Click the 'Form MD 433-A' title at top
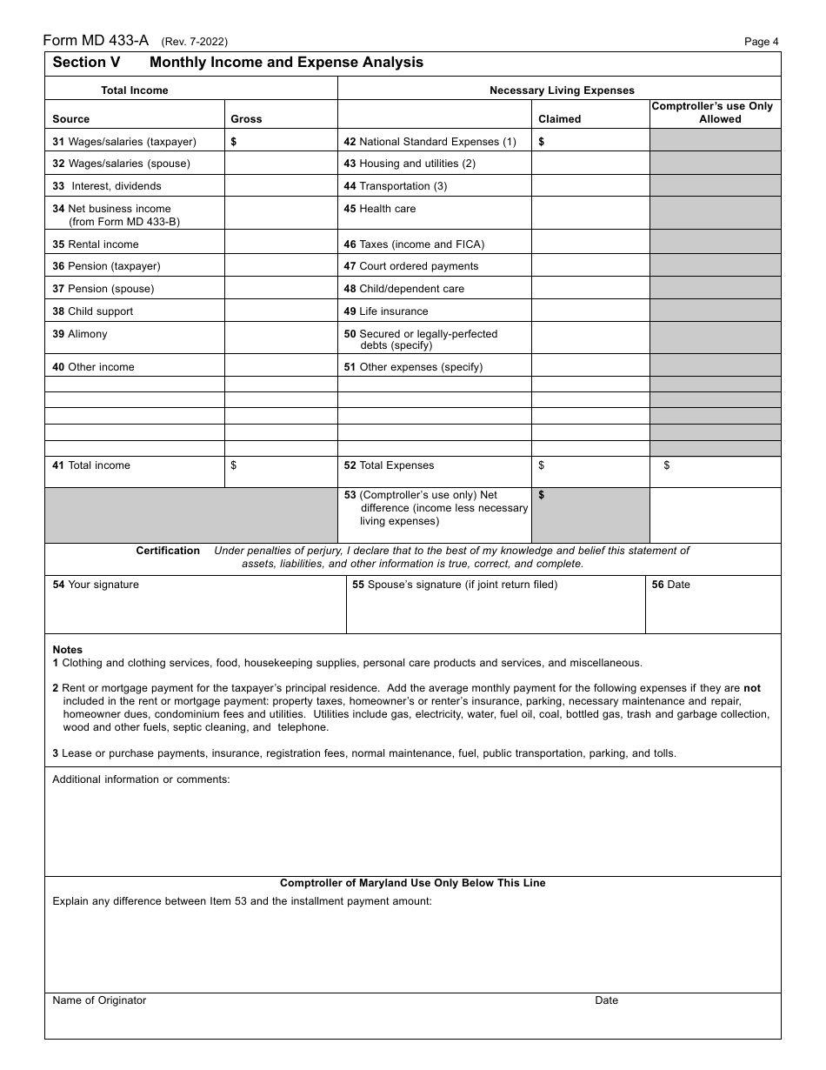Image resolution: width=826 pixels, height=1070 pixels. (97, 40)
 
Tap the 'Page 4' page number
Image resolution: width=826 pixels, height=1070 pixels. (762, 42)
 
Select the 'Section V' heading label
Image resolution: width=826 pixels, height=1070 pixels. (86, 63)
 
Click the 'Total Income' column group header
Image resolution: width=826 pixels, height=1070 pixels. (135, 90)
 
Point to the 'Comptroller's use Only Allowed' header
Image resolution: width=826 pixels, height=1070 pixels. (715, 112)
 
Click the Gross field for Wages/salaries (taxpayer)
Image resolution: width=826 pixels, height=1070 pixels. (282, 141)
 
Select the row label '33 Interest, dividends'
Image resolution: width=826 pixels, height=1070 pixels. (107, 186)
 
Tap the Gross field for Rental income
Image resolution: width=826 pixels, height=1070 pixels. (282, 243)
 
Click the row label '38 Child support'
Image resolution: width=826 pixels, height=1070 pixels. (93, 311)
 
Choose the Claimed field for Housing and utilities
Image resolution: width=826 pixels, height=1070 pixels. (590, 164)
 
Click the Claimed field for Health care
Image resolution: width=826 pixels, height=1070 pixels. (590, 213)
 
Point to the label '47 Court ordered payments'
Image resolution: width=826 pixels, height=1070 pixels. (411, 266)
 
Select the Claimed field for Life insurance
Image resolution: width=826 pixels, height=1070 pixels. (590, 311)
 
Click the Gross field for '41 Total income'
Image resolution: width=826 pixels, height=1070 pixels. (282, 471)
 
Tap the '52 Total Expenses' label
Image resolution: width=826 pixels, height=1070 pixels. (389, 465)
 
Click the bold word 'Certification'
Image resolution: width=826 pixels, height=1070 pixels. (168, 551)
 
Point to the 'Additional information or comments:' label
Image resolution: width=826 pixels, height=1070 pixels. (141, 779)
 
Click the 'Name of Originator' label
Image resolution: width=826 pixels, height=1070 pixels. (99, 1000)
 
